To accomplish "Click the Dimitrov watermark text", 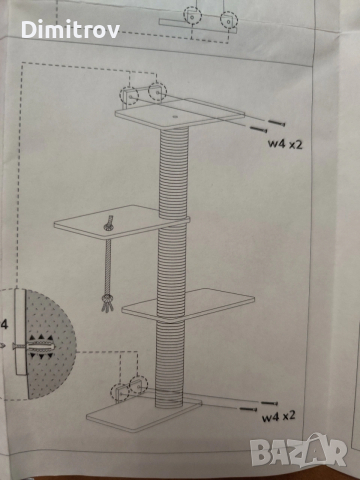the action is (70, 29).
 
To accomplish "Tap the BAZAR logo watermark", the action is (299, 451).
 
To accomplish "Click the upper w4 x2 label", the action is (285, 144).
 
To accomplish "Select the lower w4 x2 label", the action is (279, 416).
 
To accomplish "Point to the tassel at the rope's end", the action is (107, 303).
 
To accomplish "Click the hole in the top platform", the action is (175, 117).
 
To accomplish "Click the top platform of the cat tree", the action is (180, 114).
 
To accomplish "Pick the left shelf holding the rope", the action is (122, 222).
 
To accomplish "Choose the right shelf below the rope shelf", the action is (188, 305).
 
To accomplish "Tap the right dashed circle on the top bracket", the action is (157, 92).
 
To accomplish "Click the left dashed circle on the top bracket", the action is (129, 96).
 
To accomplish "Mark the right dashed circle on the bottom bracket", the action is (138, 385).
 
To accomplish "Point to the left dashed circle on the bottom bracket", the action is (120, 393).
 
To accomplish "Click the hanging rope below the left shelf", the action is (108, 267).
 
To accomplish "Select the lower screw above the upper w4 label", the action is (259, 129).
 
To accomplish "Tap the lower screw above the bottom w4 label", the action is (248, 409).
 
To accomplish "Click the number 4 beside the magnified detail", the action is (4, 324).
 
